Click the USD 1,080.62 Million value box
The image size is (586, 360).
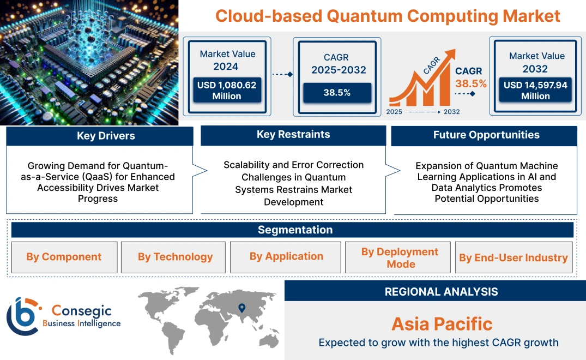point(227,91)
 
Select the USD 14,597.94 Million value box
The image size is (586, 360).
point(535,91)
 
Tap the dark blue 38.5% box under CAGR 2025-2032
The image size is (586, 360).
point(337,93)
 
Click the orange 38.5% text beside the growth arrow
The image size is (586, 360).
point(470,83)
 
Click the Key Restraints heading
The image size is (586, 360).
point(293,135)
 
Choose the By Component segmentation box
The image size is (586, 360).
point(64,257)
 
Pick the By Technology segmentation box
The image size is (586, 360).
point(175,257)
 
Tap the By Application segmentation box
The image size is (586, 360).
point(286,256)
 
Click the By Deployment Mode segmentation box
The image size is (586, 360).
point(400,257)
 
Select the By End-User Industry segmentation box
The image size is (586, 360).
point(513,257)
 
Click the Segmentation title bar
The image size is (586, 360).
point(295,230)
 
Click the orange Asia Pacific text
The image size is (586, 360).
point(442,324)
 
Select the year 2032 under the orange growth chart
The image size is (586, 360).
point(451,112)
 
